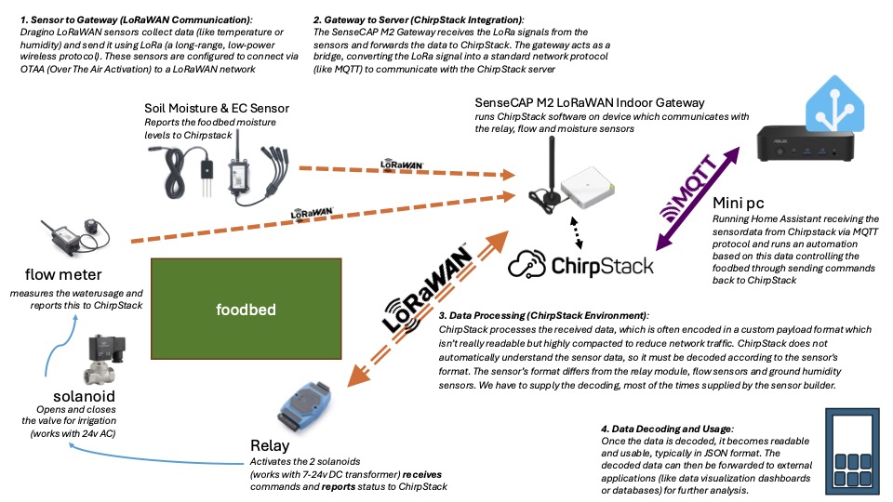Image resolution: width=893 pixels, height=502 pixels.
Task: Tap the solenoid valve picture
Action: tap(104, 364)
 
